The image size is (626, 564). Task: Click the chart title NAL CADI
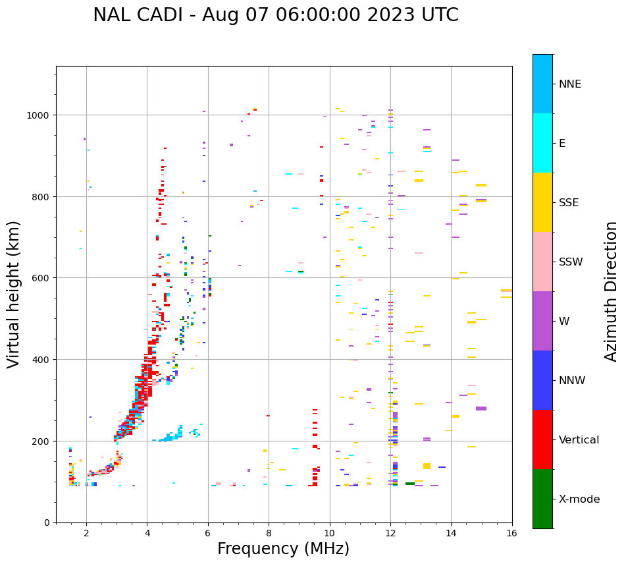click(x=275, y=15)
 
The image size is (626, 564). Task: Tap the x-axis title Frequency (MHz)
click(x=283, y=549)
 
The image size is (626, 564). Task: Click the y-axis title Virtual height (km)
click(x=14, y=295)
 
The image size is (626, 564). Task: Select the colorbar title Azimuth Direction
click(x=612, y=291)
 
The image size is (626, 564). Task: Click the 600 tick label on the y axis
click(x=42, y=278)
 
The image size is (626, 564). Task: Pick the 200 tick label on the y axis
click(x=42, y=441)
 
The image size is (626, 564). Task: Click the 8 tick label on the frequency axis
click(x=269, y=534)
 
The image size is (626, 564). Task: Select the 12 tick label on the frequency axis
click(x=390, y=534)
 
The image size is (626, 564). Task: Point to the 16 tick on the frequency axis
click(x=512, y=534)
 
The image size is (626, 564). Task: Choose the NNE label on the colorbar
click(x=570, y=84)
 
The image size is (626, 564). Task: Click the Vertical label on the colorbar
click(x=579, y=440)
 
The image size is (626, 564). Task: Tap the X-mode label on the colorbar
click(x=579, y=499)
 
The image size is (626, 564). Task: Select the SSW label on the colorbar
click(x=571, y=262)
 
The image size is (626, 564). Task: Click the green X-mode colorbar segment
click(x=542, y=499)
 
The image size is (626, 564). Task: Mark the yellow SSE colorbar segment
click(x=542, y=202)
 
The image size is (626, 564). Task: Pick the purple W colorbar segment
click(x=542, y=321)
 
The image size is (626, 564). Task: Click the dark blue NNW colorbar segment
click(x=542, y=380)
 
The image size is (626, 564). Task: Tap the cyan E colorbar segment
click(x=542, y=143)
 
